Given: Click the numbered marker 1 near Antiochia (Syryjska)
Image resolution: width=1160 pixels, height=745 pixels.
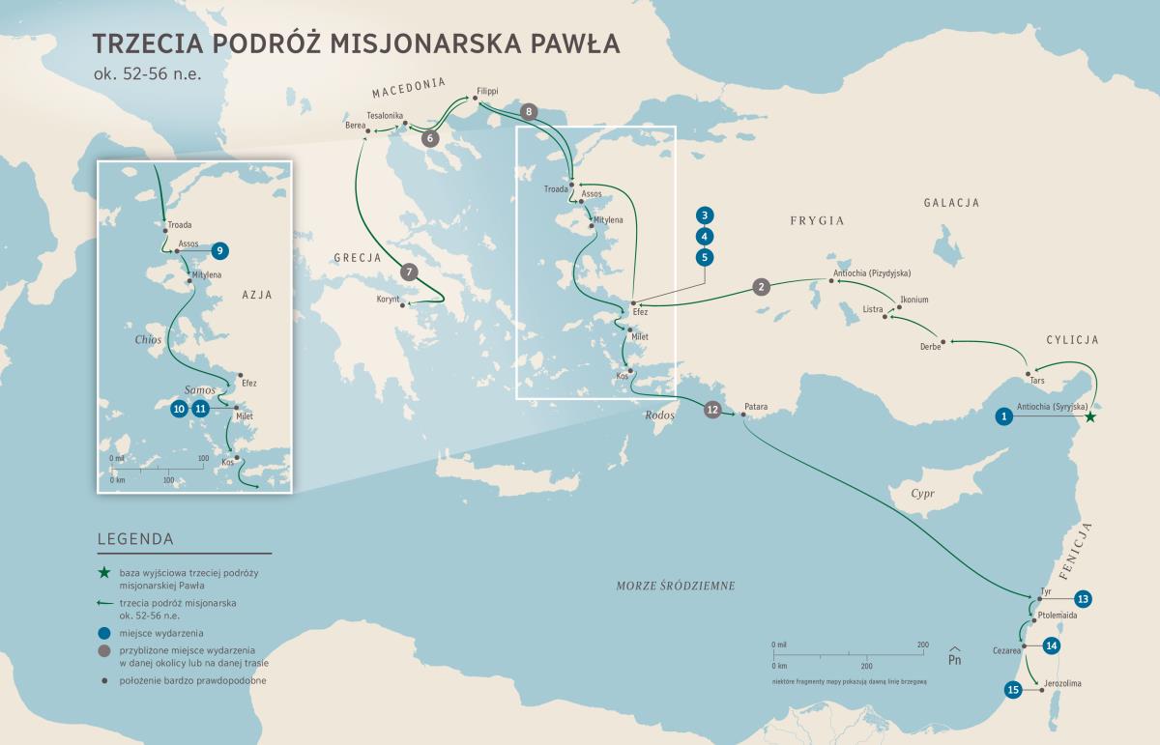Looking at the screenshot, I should click(1004, 416).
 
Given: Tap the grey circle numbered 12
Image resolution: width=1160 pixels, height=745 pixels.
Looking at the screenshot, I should click(712, 410).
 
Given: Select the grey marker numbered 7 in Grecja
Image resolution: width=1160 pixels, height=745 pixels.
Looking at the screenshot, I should click(409, 272).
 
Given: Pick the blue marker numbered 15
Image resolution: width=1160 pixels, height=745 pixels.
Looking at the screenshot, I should click(1013, 690).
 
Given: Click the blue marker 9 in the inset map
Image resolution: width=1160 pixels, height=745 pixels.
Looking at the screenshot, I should click(219, 250).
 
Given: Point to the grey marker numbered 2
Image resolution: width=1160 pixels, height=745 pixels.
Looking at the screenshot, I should click(762, 286).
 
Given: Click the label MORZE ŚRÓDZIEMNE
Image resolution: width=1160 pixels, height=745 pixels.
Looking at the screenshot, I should click(676, 586).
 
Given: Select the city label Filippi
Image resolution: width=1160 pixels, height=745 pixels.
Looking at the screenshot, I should click(486, 90).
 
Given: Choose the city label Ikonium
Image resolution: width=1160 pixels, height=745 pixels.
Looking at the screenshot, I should click(913, 300).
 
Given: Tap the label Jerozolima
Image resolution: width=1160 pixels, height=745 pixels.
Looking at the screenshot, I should click(1061, 684).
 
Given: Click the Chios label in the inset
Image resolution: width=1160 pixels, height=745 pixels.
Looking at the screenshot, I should click(148, 340).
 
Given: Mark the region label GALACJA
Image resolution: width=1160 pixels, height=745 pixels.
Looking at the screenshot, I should click(951, 203).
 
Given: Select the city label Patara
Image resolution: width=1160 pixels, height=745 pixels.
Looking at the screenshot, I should click(755, 407).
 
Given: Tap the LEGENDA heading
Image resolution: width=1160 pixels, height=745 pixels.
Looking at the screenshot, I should click(135, 539).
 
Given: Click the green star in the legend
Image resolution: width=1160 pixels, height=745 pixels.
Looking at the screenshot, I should click(104, 574).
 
